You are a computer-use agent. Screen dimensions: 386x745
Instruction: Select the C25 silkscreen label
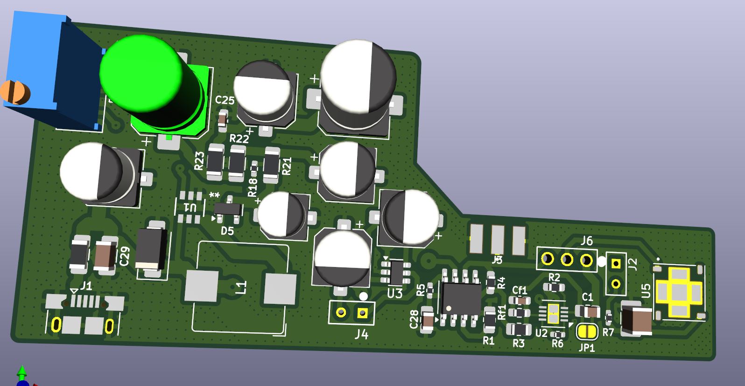point(225,100)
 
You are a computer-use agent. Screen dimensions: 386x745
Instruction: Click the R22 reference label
point(239,139)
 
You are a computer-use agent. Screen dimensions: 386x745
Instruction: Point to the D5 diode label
point(227,231)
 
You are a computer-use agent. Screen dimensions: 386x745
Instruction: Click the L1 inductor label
point(241,287)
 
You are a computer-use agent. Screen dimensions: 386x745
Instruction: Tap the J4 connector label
point(361,334)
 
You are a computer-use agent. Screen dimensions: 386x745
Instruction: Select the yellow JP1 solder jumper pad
point(587,332)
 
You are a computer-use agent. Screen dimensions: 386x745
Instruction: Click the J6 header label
point(586,241)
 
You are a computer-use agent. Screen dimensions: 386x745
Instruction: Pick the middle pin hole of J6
point(567,259)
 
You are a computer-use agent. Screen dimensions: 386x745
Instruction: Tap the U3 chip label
point(394,293)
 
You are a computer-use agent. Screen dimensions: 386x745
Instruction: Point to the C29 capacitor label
point(125,257)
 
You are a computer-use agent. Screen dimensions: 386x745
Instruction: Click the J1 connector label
point(86,286)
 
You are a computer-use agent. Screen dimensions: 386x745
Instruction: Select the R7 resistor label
point(608,332)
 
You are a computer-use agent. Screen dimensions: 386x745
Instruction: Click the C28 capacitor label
point(414,319)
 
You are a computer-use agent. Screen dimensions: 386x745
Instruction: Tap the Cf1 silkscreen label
point(520,290)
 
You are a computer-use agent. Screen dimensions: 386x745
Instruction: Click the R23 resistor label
point(199,161)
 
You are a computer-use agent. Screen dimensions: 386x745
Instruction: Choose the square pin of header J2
point(616,264)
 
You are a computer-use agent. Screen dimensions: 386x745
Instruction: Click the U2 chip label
point(541,333)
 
